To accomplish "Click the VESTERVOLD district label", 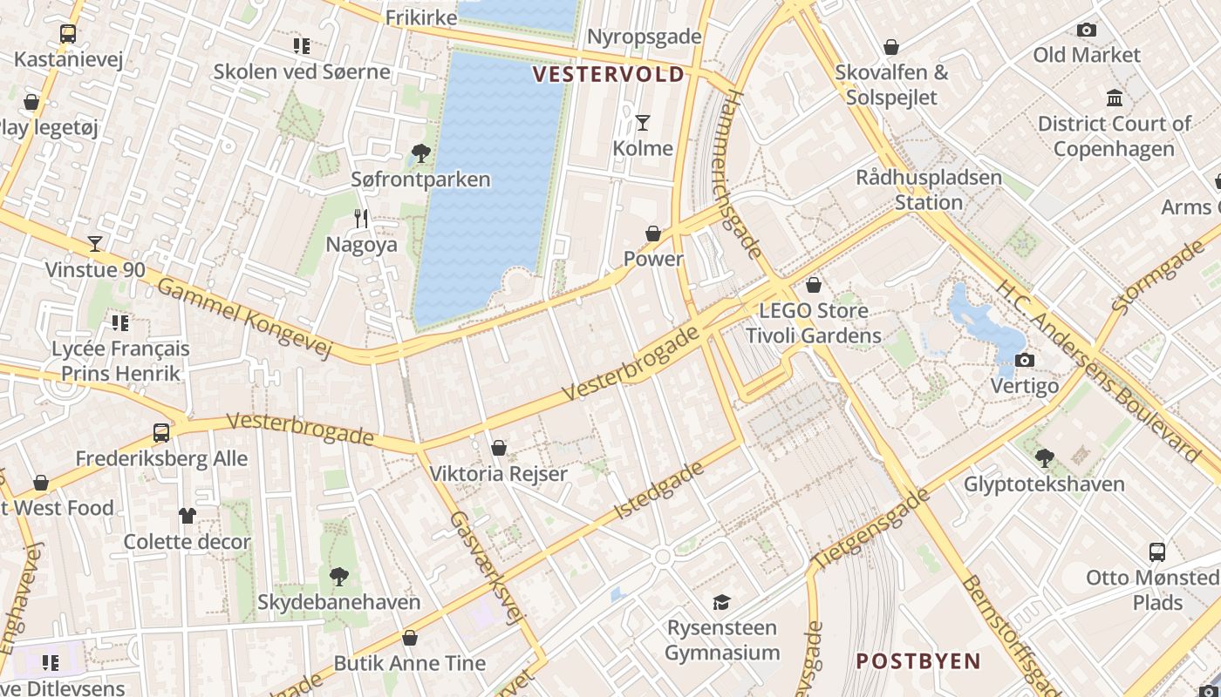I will coord(609,74).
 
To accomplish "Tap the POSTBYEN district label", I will coord(918,660).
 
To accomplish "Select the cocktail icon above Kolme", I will coord(643,122).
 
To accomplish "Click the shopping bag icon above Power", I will coord(653,233).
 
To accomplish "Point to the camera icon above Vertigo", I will coord(1025,360).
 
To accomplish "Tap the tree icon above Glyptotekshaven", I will coord(1044,457).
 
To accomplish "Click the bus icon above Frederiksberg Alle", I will coord(161,432).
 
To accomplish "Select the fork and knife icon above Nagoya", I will coord(361,219).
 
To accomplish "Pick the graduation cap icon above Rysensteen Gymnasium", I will coord(721,602).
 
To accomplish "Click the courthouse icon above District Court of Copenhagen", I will coord(1114,98).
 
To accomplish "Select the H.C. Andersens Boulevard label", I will coord(1098,369).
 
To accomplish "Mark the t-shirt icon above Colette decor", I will coord(187,516).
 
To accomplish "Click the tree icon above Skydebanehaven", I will coord(338,576).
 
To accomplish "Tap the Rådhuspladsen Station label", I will coord(928,190).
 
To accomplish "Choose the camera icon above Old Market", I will coord(1086,30).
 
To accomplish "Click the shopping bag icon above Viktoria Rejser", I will coord(499,448).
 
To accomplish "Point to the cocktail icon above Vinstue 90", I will coord(95,244).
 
